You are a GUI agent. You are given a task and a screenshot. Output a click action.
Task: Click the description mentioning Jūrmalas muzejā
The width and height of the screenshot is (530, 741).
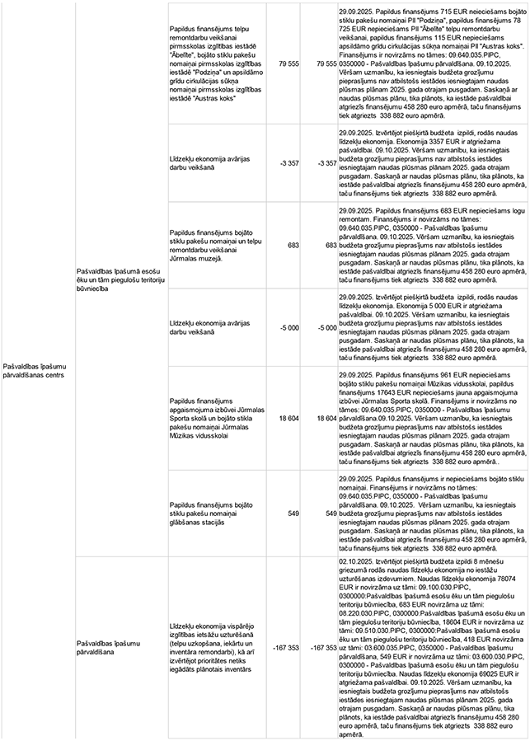pos(215,246)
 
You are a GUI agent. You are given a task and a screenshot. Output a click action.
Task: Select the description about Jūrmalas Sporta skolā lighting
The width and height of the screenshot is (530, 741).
pos(215,419)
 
